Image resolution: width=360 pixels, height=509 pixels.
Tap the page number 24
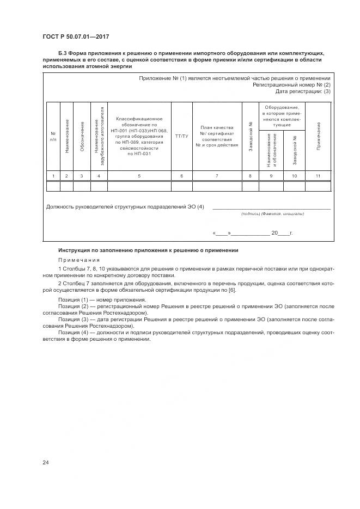(45, 462)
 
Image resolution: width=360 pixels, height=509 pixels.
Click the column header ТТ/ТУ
(181, 136)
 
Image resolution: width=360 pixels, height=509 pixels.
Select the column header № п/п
(53, 136)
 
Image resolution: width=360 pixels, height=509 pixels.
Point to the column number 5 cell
(139, 176)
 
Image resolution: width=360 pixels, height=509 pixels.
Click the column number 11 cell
(318, 176)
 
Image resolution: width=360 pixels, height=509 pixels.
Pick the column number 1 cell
(53, 176)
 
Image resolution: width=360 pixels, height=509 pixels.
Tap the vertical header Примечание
(318, 136)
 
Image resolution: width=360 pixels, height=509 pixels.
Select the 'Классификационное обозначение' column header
(139, 136)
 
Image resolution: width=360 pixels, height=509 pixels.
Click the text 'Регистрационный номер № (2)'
(291, 85)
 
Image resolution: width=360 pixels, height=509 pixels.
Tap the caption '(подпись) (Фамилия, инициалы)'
(272, 214)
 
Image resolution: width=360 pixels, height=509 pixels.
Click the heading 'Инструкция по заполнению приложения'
(148, 250)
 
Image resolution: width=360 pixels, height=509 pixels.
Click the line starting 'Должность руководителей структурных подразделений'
(125, 207)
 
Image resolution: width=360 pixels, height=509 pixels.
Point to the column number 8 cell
(250, 176)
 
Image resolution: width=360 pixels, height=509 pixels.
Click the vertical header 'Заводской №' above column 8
(250, 136)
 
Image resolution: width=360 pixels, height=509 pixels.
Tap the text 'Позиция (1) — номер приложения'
(102, 300)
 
